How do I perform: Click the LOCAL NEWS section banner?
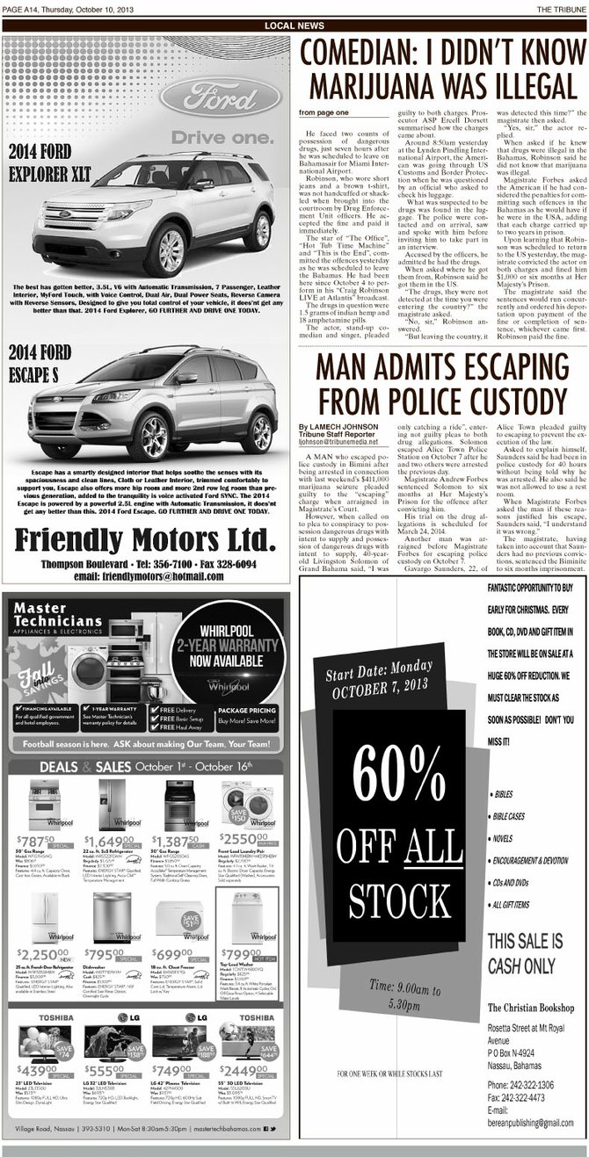294,25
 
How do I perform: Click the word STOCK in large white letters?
404,898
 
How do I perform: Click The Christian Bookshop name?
530,1007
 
